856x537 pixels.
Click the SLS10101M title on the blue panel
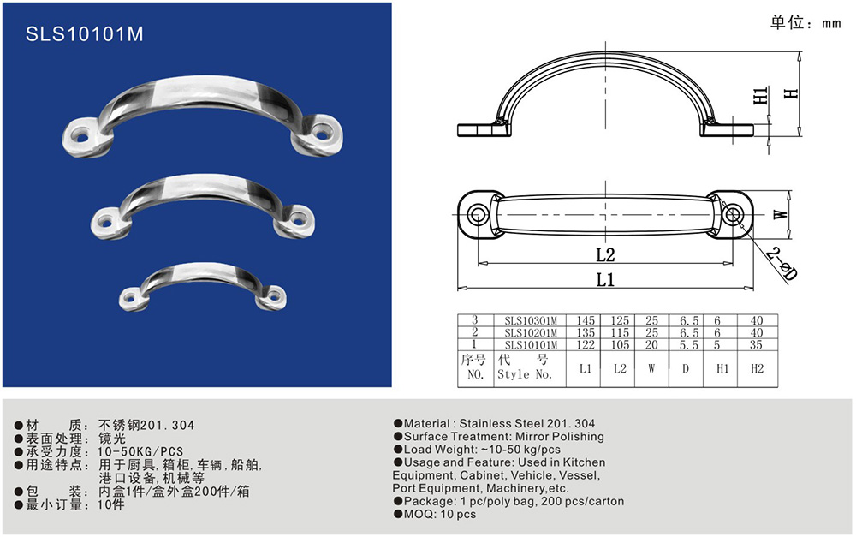(x=85, y=34)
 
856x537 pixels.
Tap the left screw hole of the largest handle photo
(x=81, y=134)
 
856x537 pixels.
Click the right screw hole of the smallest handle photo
(x=273, y=295)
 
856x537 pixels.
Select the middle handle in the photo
(x=203, y=206)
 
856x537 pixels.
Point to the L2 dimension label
(x=605, y=254)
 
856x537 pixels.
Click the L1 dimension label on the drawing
(x=605, y=280)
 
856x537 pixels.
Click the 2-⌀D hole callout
(x=781, y=264)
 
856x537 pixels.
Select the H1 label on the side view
(x=760, y=96)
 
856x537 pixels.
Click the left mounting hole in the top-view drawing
(x=478, y=214)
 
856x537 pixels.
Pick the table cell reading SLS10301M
(x=531, y=320)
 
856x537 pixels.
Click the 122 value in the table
(x=585, y=344)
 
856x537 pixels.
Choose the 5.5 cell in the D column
(x=688, y=344)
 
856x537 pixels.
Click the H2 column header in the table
(x=757, y=369)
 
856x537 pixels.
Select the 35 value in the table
(x=756, y=344)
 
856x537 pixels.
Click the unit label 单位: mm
(x=805, y=22)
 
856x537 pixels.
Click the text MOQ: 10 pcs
(x=435, y=514)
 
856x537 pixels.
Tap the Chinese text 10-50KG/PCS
(x=140, y=451)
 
